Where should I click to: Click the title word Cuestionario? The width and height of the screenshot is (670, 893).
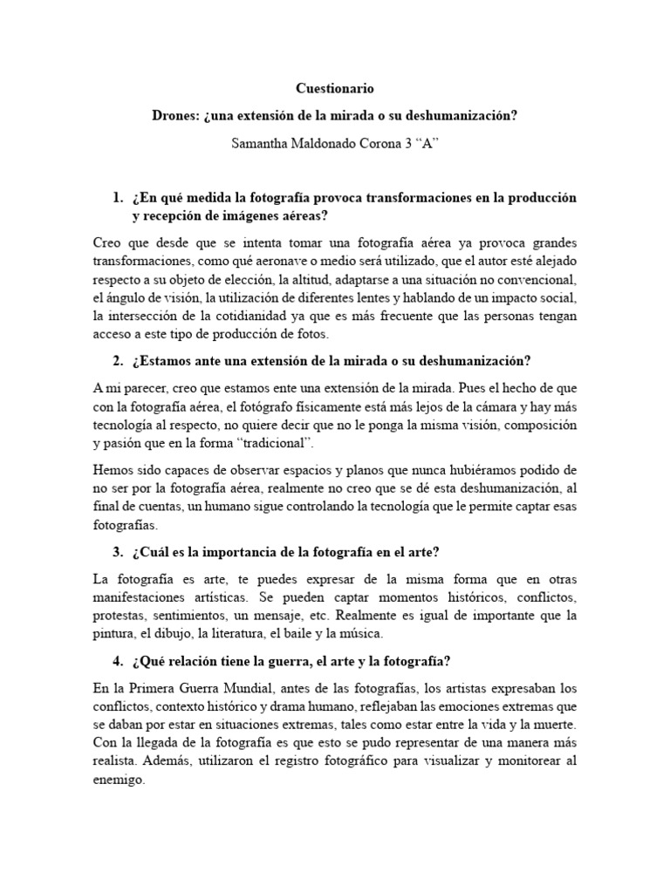[334, 89]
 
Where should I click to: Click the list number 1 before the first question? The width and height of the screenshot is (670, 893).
[117, 199]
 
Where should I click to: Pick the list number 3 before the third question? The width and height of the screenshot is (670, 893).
[117, 554]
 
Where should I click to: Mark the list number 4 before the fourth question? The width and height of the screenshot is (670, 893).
[117, 660]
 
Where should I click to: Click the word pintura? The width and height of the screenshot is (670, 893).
[115, 634]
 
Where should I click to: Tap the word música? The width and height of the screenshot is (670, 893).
[359, 634]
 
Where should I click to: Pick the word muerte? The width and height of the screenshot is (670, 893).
[557, 724]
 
